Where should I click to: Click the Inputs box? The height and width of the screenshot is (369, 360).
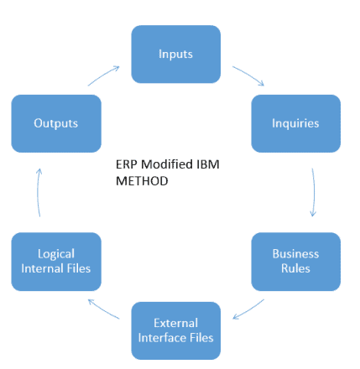(x=175, y=55)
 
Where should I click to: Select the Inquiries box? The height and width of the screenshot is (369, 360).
(x=295, y=123)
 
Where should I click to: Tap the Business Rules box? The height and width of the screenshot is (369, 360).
(x=295, y=262)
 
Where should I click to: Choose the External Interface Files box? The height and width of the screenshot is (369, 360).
(x=175, y=330)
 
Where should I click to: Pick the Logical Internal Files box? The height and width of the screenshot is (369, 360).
(x=56, y=262)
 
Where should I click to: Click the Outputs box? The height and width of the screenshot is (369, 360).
(x=56, y=123)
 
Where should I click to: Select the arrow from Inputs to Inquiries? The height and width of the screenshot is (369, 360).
(x=249, y=75)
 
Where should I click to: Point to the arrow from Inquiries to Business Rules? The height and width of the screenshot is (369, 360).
(x=314, y=192)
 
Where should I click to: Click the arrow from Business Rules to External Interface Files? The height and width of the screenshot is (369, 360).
(x=249, y=310)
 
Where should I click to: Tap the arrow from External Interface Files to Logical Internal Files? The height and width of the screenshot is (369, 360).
(x=103, y=309)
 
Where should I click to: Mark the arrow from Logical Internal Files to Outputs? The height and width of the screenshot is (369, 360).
(x=38, y=192)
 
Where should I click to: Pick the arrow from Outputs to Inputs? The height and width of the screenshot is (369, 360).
(x=103, y=75)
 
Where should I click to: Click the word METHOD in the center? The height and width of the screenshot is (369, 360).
(x=142, y=181)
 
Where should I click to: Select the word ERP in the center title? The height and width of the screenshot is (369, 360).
(x=127, y=164)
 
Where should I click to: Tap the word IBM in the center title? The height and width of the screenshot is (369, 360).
(x=208, y=164)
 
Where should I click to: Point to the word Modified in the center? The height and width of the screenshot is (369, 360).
(x=167, y=164)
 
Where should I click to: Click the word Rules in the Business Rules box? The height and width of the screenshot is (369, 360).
(x=295, y=268)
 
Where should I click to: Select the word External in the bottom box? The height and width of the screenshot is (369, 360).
(x=175, y=323)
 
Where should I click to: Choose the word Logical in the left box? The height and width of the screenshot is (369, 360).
(x=56, y=254)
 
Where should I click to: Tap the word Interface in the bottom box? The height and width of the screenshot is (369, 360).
(x=162, y=338)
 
